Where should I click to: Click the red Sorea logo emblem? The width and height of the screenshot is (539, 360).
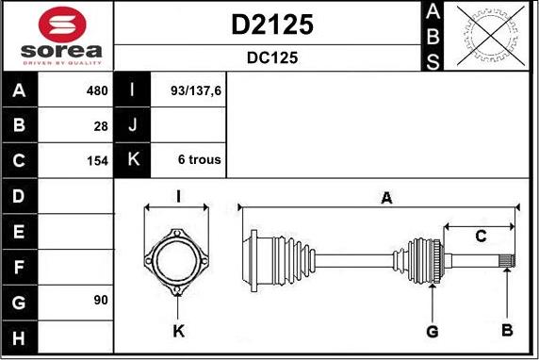coord(62,25)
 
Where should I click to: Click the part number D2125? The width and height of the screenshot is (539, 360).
coord(272,25)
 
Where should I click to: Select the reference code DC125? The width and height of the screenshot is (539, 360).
coord(272,57)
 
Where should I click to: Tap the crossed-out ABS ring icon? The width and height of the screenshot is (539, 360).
coord(491,36)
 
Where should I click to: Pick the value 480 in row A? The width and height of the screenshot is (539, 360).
coord(97,90)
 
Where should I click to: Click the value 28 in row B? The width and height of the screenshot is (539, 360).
coord(101,126)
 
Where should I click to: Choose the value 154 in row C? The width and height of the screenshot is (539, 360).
coord(98,160)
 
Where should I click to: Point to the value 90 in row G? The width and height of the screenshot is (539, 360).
coord(101,300)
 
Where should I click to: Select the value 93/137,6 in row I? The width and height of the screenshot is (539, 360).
coord(196,90)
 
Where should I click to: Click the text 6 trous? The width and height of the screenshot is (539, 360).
coord(200,159)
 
